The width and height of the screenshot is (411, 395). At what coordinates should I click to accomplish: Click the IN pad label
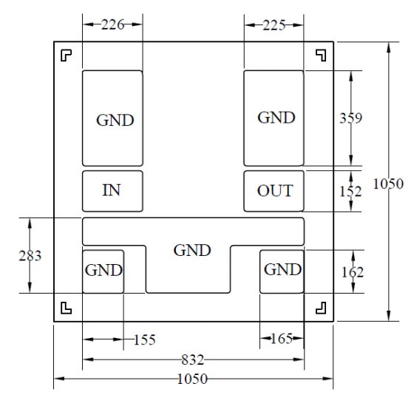pos(112,190)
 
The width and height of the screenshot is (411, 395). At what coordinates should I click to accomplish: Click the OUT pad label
pos(275,191)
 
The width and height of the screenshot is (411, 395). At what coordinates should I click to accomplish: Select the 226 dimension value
pos(112,24)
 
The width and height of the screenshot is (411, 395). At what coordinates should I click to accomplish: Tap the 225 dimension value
pos(274,25)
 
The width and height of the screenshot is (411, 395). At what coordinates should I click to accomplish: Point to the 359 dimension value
pos(351,118)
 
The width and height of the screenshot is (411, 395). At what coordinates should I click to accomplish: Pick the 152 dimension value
pos(350,191)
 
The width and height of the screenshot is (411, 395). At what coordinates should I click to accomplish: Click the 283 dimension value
pos(30,256)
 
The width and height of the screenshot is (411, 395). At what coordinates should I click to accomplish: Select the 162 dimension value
pos(353,272)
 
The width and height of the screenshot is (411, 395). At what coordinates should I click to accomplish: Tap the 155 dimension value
pos(145,340)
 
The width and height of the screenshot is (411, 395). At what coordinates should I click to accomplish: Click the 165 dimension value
pos(281,339)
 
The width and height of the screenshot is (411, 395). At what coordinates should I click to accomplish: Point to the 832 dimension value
pos(193,359)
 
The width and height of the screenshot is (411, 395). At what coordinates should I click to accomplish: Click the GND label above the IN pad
pos(115,121)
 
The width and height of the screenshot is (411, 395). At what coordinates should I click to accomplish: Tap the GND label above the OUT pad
pos(276,118)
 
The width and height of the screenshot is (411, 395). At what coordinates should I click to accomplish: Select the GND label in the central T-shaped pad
pos(192,250)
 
